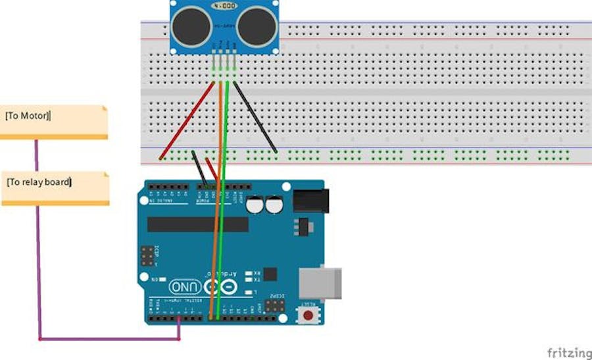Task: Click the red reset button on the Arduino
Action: pyautogui.click(x=307, y=315)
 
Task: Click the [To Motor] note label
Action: pyautogui.click(x=28, y=116)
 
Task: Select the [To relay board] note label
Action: pyautogui.click(x=39, y=182)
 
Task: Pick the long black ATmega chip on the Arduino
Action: pyautogui.click(x=197, y=224)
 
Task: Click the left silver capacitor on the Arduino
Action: pyautogui.click(x=255, y=206)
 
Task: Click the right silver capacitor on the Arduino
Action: pyautogui.click(x=273, y=206)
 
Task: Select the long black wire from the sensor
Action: pyautogui.click(x=255, y=118)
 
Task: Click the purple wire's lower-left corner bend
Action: pyautogui.click(x=40, y=340)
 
